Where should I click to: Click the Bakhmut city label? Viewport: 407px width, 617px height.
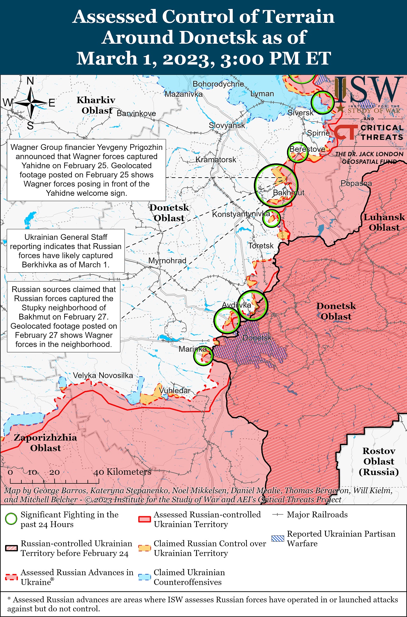tap(288, 193)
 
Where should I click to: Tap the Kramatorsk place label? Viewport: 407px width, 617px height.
tap(216, 159)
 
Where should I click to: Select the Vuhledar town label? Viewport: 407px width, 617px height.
tap(175, 390)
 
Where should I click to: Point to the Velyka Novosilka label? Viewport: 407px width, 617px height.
tap(103, 375)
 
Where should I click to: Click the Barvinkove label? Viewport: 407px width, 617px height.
tap(136, 114)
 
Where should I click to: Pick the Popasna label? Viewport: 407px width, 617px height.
tap(356, 183)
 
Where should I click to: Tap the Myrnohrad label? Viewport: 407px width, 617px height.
tap(167, 261)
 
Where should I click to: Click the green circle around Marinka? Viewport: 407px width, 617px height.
tap(203, 356)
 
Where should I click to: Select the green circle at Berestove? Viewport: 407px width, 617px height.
tap(298, 152)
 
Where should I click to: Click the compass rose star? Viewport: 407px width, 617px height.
tap(31, 103)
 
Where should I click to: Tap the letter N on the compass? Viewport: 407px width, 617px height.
tap(30, 81)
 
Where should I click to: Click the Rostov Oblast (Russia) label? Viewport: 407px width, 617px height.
tap(379, 461)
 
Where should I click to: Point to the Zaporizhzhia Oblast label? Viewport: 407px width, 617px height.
tap(45, 443)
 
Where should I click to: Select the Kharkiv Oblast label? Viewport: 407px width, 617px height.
tap(96, 105)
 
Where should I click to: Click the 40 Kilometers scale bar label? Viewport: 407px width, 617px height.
tap(122, 472)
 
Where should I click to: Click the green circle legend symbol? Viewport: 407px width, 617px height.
tap(11, 519)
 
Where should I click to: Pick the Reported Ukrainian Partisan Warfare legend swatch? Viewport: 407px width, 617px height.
tap(277, 538)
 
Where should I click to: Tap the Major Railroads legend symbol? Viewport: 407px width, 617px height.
tap(277, 515)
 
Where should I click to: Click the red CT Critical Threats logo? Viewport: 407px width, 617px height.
tap(345, 132)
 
